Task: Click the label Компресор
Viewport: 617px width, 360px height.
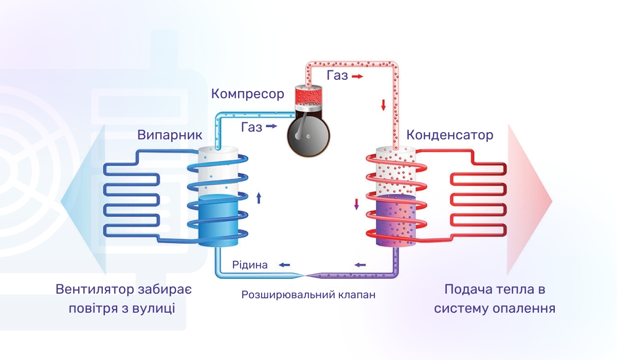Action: (247, 94)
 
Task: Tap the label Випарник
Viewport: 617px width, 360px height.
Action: (170, 135)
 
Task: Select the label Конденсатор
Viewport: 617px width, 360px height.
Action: (449, 135)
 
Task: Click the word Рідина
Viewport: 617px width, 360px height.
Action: (250, 265)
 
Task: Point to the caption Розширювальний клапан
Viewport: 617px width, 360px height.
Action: (308, 295)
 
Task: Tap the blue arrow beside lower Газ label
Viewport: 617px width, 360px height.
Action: (271, 126)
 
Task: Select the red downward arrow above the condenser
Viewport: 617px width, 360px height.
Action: (383, 105)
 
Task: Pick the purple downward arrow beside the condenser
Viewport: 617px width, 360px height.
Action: (356, 204)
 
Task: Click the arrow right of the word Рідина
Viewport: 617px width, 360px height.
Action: (284, 265)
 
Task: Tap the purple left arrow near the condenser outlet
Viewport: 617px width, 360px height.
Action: (360, 265)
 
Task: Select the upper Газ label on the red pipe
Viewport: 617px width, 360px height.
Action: (337, 76)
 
